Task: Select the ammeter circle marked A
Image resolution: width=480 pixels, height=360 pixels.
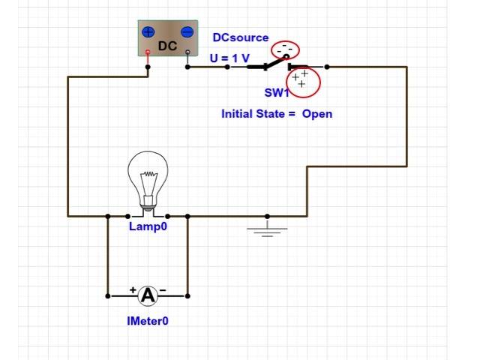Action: click(148, 295)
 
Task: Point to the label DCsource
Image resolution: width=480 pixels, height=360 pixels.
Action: click(240, 37)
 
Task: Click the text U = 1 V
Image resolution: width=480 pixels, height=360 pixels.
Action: click(230, 58)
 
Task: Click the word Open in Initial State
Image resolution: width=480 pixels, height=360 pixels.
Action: click(317, 114)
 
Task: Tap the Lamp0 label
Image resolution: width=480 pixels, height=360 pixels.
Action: click(147, 226)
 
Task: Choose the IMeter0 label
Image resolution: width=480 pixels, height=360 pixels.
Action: click(148, 320)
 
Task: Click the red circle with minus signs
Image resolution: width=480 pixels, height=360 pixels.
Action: click(284, 49)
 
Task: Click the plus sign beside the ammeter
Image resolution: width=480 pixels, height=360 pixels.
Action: click(133, 289)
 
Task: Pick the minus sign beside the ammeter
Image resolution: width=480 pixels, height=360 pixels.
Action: click(163, 289)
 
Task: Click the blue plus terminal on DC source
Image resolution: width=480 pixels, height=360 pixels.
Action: click(148, 32)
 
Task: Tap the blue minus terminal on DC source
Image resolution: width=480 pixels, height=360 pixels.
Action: click(187, 32)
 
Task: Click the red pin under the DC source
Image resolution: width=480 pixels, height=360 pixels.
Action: click(148, 53)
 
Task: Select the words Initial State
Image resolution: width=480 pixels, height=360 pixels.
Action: click(252, 114)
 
